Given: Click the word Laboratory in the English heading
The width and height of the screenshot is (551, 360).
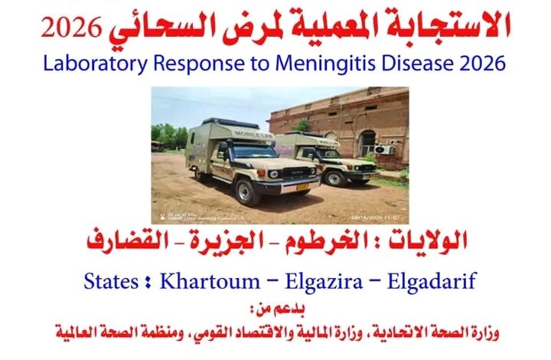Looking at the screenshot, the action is [95, 64].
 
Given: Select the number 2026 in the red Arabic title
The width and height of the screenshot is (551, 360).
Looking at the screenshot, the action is [71, 28].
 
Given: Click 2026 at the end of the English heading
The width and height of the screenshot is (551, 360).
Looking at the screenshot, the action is [482, 64].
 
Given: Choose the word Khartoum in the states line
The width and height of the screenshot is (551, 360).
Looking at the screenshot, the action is [210, 281].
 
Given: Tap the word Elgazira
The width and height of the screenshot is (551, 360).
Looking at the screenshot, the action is [324, 282].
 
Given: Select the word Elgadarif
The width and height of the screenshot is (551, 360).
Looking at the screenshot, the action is [432, 282].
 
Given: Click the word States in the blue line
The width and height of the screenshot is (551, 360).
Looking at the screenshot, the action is [111, 282].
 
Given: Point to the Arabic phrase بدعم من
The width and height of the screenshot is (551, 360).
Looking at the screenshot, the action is [278, 309].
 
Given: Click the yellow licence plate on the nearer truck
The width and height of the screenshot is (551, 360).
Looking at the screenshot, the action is [302, 187].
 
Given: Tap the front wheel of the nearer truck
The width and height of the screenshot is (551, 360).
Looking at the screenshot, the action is [247, 192].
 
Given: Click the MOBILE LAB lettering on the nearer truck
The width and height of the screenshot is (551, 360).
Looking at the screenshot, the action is [247, 134].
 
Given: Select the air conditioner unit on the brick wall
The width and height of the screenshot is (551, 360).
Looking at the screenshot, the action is [383, 150].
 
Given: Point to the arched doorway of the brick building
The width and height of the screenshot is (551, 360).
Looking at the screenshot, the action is [367, 143].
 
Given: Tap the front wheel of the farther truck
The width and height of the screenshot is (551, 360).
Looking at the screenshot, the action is [334, 178].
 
